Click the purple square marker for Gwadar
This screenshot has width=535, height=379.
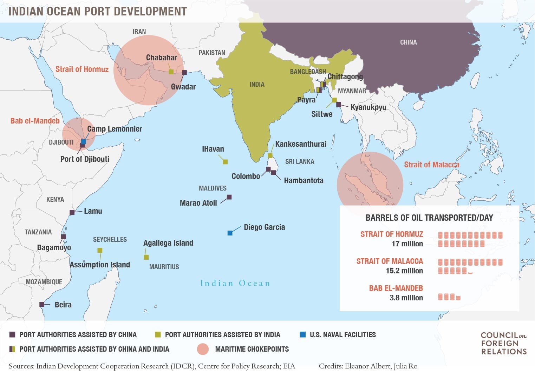click(184, 73)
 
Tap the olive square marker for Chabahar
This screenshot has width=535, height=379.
click(171, 72)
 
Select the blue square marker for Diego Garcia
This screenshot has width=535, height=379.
click(230, 233)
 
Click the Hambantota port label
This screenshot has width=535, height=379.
click(304, 180)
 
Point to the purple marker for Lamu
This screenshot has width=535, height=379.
click(72, 212)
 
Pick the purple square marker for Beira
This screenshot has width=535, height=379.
click(42, 305)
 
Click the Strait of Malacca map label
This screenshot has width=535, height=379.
click(431, 165)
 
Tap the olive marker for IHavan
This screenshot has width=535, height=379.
click(225, 162)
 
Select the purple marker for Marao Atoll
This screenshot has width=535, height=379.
click(229, 197)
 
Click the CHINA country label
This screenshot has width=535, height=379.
click(408, 42)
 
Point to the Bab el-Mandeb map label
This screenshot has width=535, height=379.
click(35, 121)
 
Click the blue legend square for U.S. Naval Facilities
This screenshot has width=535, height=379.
click(302, 334)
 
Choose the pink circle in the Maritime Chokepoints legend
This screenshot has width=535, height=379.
click(203, 349)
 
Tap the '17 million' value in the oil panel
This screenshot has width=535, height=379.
click(407, 244)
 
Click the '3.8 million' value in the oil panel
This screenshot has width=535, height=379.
click(406, 298)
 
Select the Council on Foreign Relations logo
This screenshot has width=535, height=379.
click(504, 343)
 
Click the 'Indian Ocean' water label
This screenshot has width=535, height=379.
click(235, 283)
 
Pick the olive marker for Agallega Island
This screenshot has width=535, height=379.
click(146, 257)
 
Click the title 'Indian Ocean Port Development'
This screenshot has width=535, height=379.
click(98, 11)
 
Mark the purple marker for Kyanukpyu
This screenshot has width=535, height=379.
click(339, 105)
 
